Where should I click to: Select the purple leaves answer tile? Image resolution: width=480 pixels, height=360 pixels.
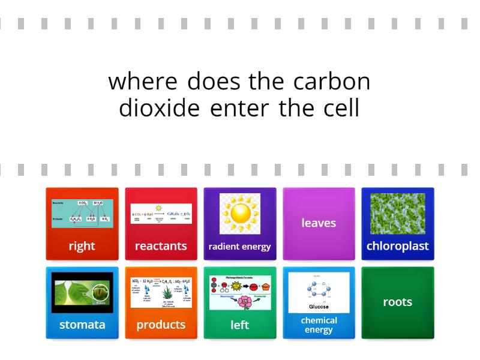click(319, 223)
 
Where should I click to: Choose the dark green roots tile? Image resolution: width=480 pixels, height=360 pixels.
click(397, 302)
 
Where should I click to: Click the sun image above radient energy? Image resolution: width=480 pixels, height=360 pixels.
click(239, 214)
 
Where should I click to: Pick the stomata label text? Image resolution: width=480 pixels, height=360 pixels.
click(82, 325)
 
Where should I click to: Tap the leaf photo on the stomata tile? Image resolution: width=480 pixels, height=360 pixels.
click(82, 292)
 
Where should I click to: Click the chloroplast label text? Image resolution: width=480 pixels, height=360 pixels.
click(397, 246)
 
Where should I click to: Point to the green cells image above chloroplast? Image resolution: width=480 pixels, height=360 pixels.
click(397, 214)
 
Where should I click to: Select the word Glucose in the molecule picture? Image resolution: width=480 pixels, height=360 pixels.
click(319, 307)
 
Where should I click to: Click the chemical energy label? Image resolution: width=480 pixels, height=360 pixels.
click(319, 325)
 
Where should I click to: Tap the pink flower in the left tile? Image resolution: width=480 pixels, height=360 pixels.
click(244, 302)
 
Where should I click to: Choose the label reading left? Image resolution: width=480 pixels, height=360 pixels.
click(239, 325)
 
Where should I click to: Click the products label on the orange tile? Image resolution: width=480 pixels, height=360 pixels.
click(161, 325)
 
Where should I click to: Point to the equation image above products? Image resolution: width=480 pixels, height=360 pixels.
click(161, 292)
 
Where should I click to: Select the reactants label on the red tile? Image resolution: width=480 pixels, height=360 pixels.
click(161, 246)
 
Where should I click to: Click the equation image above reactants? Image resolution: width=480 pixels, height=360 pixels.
click(161, 214)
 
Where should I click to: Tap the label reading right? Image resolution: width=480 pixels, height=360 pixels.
click(82, 246)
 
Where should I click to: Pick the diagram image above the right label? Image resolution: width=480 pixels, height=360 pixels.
click(82, 214)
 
